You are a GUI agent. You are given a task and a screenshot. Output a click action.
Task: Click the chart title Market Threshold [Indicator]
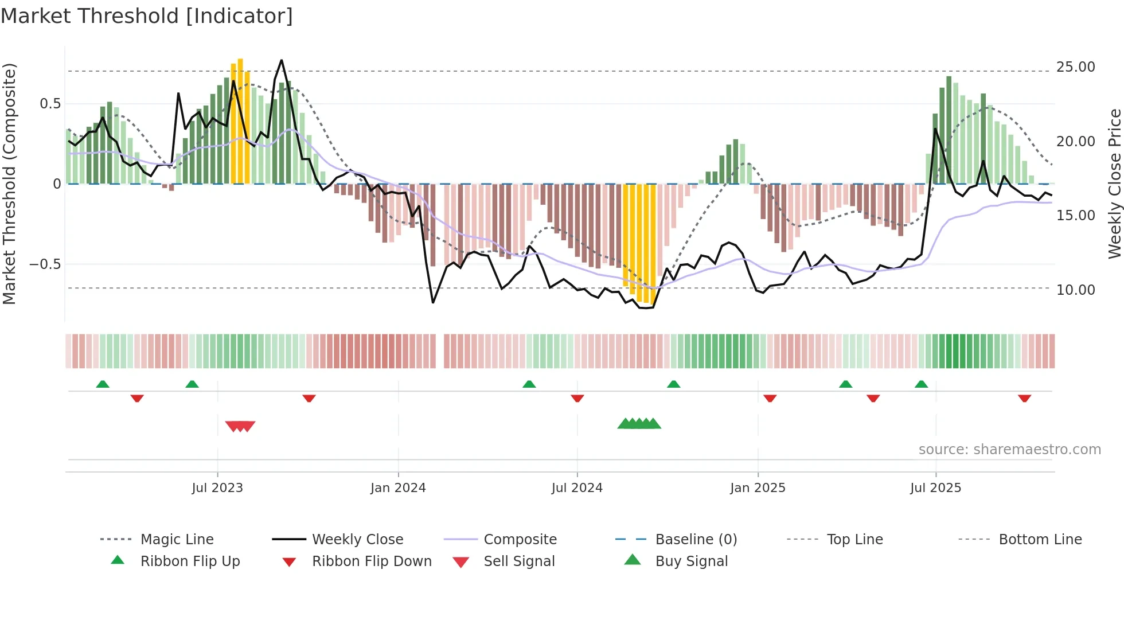click(x=147, y=16)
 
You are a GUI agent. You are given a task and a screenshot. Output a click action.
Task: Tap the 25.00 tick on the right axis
click(x=1075, y=67)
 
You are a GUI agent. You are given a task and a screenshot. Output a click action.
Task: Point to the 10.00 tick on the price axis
click(x=1075, y=290)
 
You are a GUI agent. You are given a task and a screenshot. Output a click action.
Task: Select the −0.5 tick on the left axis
click(x=45, y=264)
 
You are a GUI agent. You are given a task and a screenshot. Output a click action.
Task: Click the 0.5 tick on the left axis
click(x=50, y=104)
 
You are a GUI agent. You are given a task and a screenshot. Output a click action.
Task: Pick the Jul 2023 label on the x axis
click(x=217, y=488)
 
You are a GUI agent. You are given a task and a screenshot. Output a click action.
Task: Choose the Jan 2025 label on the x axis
click(x=758, y=488)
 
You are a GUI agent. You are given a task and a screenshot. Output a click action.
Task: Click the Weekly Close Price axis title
click(x=1114, y=184)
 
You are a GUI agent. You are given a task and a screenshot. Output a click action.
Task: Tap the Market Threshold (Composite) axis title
click(x=9, y=184)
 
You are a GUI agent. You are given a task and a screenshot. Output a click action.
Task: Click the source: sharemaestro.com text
click(x=1009, y=450)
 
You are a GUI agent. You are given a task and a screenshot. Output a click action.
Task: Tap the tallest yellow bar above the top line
click(x=240, y=120)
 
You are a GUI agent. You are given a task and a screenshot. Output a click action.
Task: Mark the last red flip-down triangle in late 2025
click(x=1024, y=399)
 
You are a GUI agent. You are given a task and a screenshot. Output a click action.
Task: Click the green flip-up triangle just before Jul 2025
click(x=921, y=384)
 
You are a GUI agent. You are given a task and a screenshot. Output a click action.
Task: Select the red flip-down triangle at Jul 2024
click(x=577, y=399)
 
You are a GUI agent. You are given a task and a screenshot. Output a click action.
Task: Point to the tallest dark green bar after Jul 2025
click(x=949, y=129)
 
